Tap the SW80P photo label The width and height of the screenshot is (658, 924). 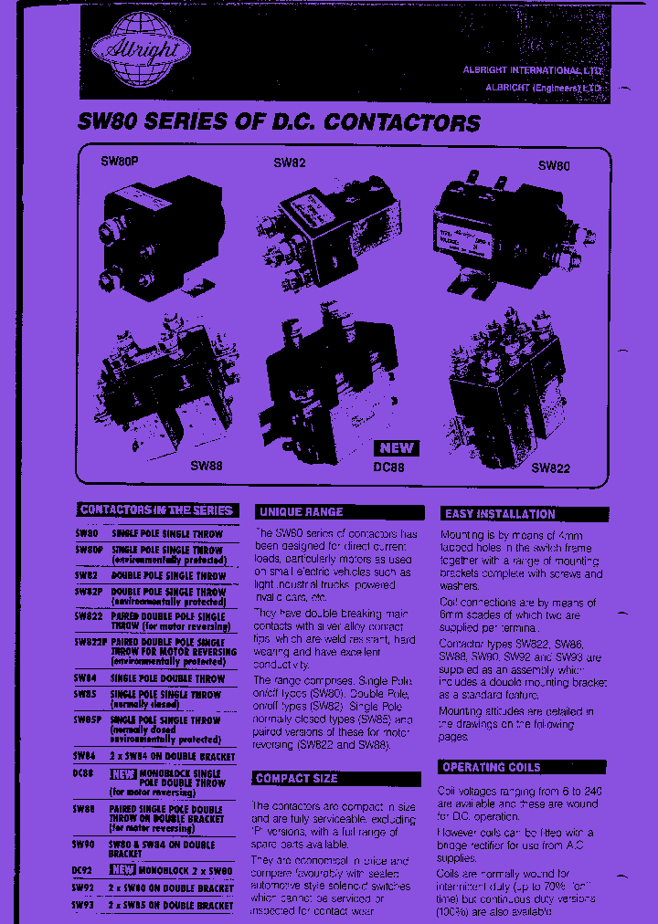click(x=120, y=163)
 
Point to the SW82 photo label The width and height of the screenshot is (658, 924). click(x=290, y=163)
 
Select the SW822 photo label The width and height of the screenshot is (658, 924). click(x=550, y=468)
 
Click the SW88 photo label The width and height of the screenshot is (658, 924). click(x=206, y=465)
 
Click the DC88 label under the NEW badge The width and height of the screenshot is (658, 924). click(x=387, y=467)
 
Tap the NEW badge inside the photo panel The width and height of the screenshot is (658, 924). click(x=396, y=447)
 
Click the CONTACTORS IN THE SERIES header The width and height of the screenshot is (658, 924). click(x=156, y=510)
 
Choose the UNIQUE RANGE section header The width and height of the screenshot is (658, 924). click(x=301, y=512)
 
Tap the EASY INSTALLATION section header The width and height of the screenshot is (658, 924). click(x=499, y=514)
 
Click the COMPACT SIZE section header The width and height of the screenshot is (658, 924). click(x=296, y=779)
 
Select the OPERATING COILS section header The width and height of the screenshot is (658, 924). click(x=491, y=767)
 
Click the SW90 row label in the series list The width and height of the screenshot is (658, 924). click(x=84, y=845)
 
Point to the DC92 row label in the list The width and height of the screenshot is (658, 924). click(x=83, y=871)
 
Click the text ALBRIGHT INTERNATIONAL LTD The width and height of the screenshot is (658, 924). click(x=546, y=70)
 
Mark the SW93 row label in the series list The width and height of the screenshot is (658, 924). click(x=84, y=905)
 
